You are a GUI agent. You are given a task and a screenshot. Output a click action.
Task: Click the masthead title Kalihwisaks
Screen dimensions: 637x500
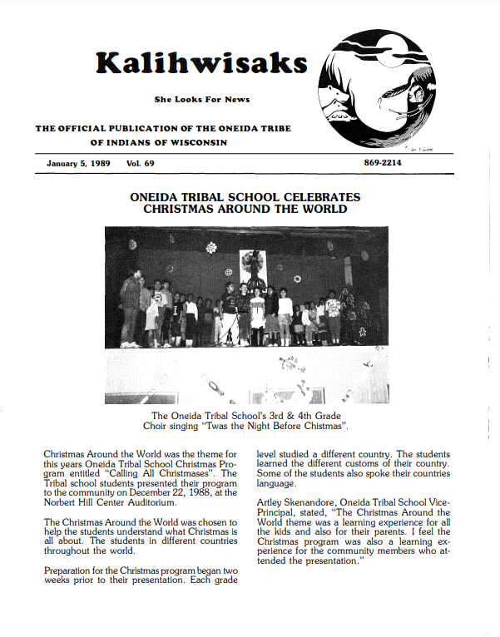pos(201,63)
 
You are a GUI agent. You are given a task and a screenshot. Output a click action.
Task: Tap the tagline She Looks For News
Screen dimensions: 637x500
pos(201,100)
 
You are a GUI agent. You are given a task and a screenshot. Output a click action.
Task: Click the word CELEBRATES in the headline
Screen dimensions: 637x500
pos(316,197)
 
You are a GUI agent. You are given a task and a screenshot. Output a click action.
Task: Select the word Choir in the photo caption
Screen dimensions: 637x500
pos(166,427)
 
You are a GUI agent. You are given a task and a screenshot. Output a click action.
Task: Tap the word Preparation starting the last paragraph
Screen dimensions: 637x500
pos(73,570)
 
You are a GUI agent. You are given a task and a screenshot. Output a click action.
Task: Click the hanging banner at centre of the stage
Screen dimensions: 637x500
pos(253,266)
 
